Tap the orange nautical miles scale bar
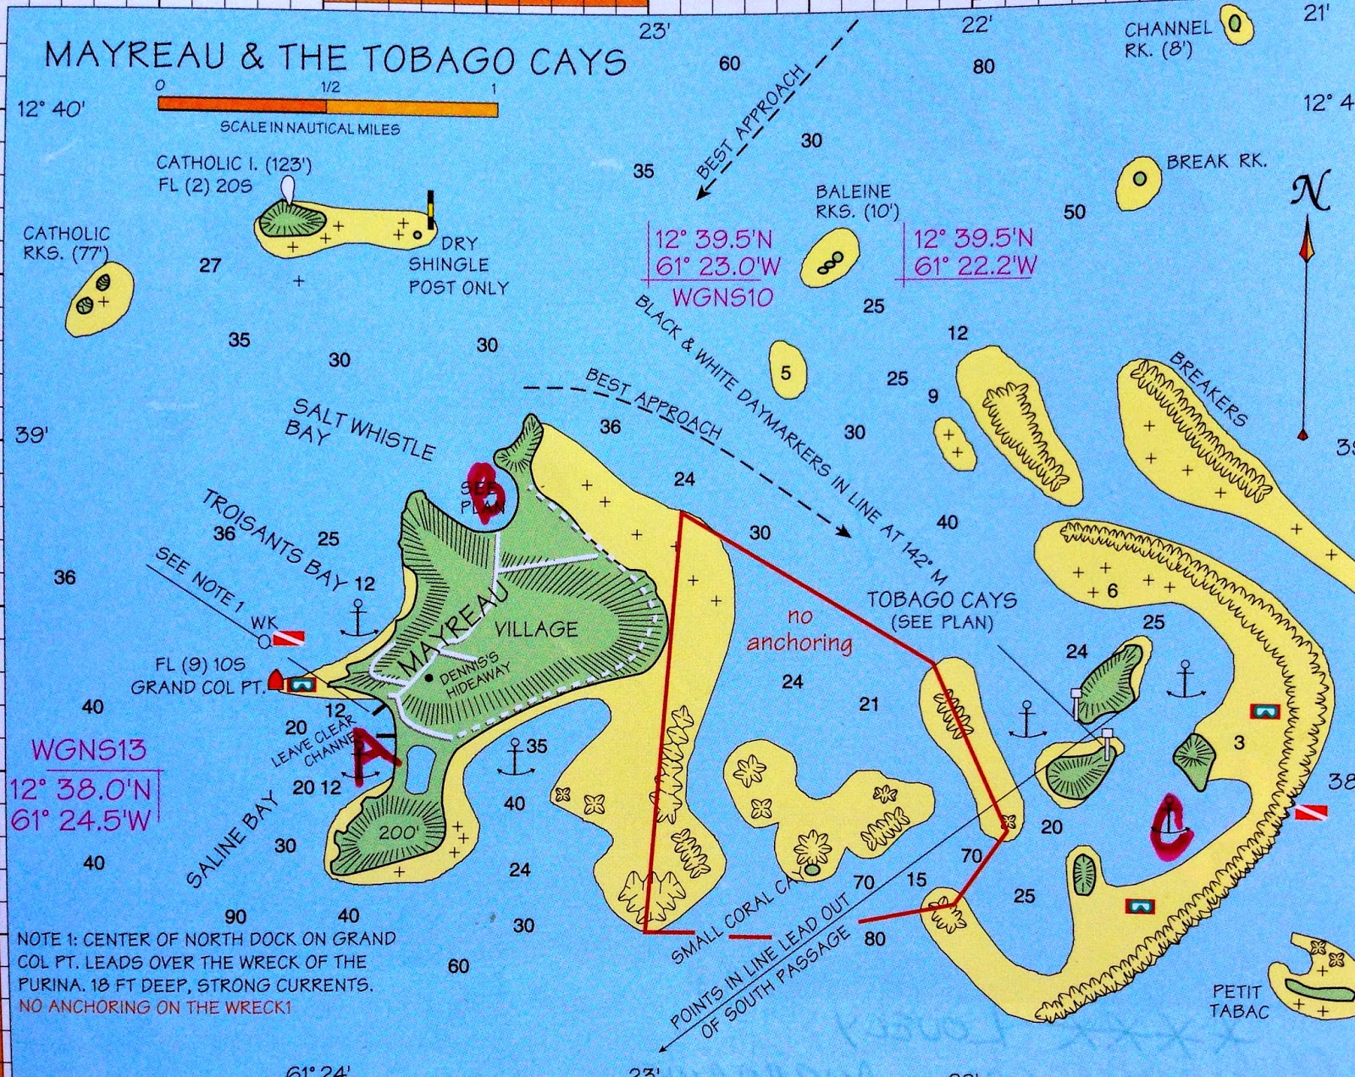coord(328,107)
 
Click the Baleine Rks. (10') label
coord(853,202)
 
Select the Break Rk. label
coord(1216,161)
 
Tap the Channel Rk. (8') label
coord(1168,38)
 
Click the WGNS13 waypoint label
coord(88,749)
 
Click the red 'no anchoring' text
coord(799,631)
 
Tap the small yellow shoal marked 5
coord(787,372)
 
